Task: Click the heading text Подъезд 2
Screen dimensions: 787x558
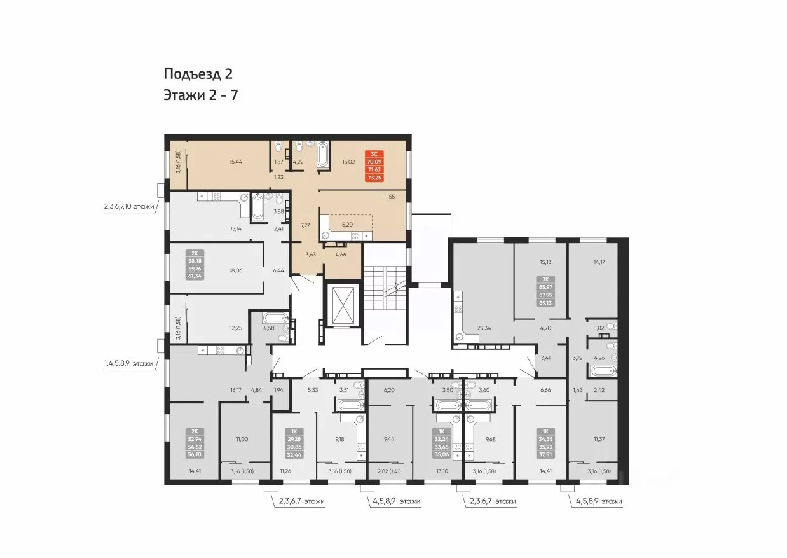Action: [x=198, y=74]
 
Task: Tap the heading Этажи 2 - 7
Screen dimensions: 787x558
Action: [x=201, y=95]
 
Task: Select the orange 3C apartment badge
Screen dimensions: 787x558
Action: [x=374, y=165]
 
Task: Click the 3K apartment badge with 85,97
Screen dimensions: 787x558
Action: [x=545, y=291]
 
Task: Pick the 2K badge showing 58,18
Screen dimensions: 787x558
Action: [x=195, y=265]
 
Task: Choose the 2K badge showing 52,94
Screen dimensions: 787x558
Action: [x=195, y=443]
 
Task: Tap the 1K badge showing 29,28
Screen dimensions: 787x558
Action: [x=294, y=443]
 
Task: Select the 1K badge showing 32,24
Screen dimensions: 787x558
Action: [x=442, y=443]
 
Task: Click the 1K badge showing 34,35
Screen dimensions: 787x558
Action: [x=545, y=443]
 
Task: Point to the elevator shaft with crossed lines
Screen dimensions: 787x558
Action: [x=341, y=305]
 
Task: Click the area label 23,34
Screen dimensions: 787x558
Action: [x=484, y=328]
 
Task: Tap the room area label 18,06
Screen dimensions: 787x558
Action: [x=236, y=270]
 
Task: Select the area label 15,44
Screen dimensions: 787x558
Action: [x=236, y=162]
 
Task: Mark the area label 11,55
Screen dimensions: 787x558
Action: [x=389, y=197]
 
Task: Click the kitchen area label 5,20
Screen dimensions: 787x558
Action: [x=347, y=225]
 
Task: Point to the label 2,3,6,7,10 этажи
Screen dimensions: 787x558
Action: [x=129, y=206]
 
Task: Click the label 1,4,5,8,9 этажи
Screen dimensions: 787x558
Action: [x=128, y=363]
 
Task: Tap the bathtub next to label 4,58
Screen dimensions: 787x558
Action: [x=276, y=318]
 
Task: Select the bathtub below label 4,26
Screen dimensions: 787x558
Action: [x=604, y=370]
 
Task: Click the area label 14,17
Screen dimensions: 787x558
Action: [x=599, y=262]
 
